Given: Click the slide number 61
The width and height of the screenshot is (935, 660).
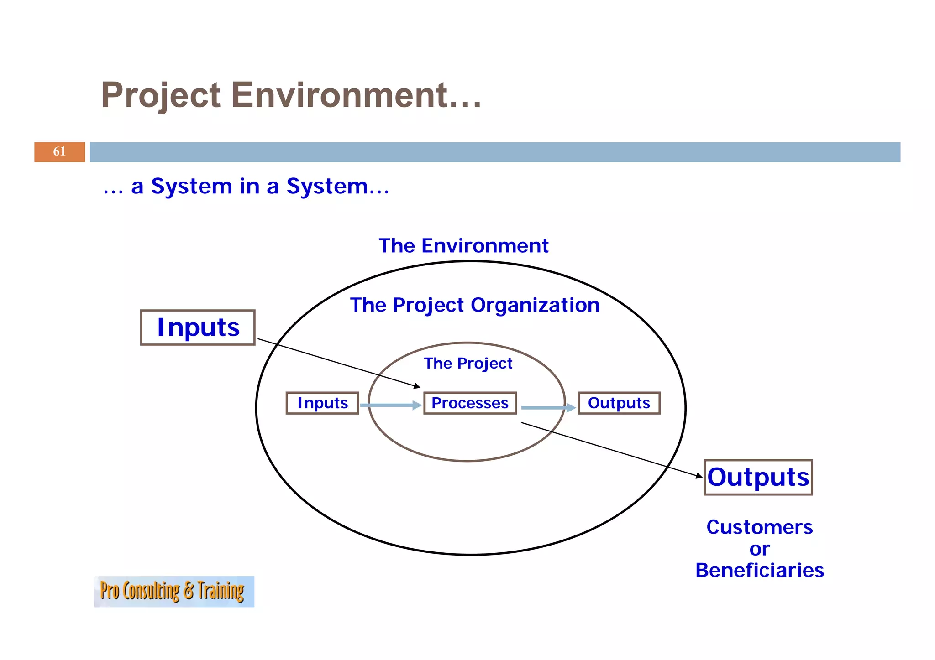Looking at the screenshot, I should [59, 151].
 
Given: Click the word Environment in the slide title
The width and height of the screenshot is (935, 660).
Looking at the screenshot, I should [356, 95].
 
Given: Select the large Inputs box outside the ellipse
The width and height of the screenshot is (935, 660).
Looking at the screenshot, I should [198, 327].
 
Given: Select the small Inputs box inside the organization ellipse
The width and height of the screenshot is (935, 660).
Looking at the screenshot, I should [322, 403].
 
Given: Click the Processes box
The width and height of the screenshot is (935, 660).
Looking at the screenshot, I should [470, 403].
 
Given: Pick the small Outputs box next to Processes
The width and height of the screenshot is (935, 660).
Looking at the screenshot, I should [619, 403].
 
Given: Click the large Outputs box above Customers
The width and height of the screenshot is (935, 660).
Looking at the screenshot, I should [758, 477].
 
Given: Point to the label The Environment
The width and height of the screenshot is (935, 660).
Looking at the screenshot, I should [463, 246].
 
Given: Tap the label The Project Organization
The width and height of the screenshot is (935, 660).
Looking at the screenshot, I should [475, 305].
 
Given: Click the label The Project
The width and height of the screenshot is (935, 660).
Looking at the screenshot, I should [468, 364].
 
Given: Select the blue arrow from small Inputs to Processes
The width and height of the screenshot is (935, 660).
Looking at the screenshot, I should [390, 405].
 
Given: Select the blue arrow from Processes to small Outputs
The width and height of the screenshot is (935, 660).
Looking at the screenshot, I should [548, 408].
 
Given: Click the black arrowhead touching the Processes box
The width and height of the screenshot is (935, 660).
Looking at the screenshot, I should [417, 386].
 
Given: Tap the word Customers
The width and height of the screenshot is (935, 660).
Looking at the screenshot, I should [760, 527].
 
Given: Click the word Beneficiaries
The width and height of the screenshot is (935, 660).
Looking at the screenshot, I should [760, 571].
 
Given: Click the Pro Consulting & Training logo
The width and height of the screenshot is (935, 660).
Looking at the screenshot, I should [173, 592].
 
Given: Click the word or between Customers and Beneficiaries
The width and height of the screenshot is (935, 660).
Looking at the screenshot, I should [760, 549].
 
